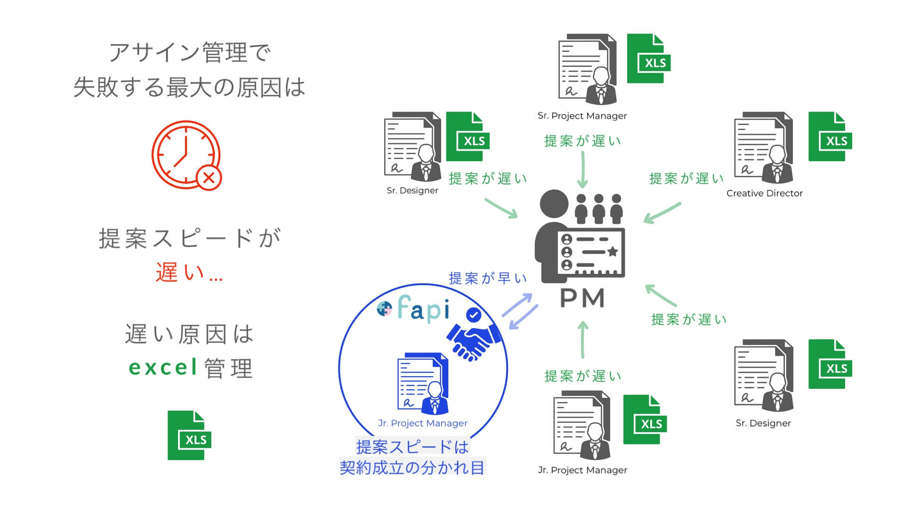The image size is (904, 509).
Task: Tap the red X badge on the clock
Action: [x=209, y=178]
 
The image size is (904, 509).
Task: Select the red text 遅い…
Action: [x=189, y=272]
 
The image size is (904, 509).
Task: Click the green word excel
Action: [x=163, y=368]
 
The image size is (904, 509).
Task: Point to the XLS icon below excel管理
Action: [x=189, y=435]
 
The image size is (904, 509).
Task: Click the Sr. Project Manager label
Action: [x=582, y=116]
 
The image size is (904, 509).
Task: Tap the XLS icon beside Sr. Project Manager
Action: [x=648, y=58]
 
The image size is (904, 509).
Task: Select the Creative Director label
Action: [x=764, y=193]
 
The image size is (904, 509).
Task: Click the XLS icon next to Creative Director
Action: [x=830, y=137]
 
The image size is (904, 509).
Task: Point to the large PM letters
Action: [x=582, y=298]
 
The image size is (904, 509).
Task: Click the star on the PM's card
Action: [x=613, y=252]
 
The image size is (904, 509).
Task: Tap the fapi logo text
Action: [x=423, y=309]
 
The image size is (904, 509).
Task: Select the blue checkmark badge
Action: [x=473, y=314]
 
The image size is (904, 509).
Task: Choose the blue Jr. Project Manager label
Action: [x=423, y=423]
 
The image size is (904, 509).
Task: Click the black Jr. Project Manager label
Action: [x=582, y=470]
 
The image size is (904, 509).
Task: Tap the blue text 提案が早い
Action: [x=488, y=279]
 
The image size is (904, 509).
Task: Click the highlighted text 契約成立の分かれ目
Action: [x=412, y=468]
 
